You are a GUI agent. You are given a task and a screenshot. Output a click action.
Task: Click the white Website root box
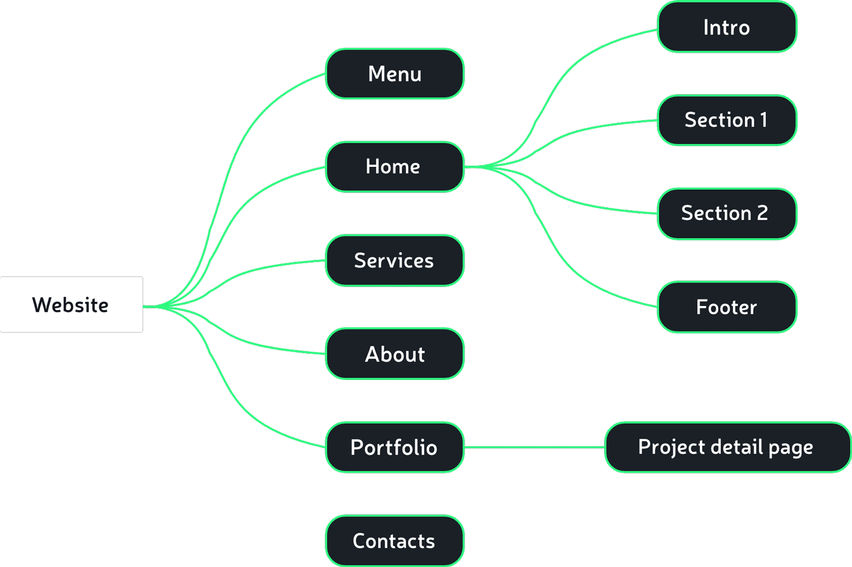(x=71, y=304)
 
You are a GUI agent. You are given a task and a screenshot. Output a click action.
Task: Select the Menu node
(x=395, y=74)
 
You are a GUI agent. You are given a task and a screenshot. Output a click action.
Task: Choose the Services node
(x=395, y=260)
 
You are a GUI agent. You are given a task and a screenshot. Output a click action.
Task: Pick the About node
(x=395, y=354)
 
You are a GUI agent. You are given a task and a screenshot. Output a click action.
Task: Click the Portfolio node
(x=395, y=447)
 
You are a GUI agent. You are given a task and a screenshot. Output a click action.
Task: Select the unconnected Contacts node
(x=395, y=541)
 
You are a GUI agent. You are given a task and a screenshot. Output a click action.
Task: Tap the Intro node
(x=727, y=27)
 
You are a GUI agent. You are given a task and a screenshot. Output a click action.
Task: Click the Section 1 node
(x=727, y=120)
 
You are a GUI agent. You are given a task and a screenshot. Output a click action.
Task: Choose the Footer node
(x=727, y=307)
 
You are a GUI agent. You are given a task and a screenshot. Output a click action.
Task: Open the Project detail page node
(x=727, y=447)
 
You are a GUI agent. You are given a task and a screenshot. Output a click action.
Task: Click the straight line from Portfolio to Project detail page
(x=532, y=447)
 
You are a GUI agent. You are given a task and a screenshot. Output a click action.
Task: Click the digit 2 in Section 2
(x=763, y=213)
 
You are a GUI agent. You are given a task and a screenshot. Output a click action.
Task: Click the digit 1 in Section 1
(x=764, y=120)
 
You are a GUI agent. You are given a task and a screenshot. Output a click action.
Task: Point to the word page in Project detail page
(x=790, y=448)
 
